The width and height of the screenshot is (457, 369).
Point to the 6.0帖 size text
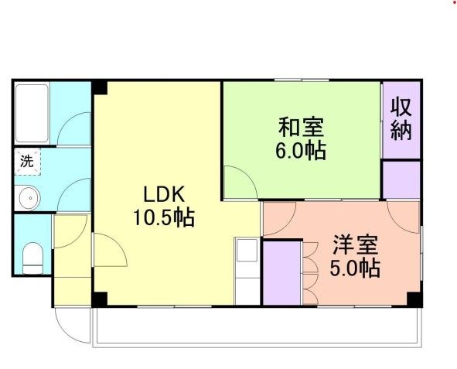click(301, 149)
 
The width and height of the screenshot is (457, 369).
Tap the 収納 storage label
click(400, 118)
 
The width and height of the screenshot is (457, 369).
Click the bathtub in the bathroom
click(32, 112)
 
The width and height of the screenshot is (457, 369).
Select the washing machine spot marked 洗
click(27, 162)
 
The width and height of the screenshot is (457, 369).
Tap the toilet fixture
click(32, 258)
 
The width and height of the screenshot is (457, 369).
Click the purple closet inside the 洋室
click(281, 272)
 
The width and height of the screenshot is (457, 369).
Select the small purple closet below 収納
click(401, 179)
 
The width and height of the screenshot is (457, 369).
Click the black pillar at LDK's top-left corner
click(99, 87)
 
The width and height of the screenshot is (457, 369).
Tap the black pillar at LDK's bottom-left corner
click(99, 299)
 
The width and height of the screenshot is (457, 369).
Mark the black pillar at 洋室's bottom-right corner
click(414, 299)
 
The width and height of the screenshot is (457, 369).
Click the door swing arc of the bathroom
click(75, 128)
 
